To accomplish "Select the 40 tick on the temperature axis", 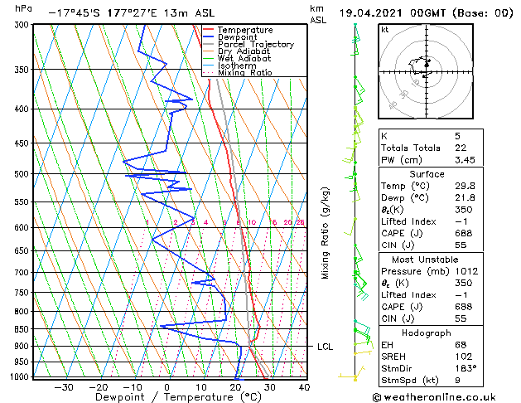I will (x=304, y=387).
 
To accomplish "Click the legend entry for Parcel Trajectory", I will (x=256, y=45).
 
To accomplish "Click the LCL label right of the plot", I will (x=325, y=347).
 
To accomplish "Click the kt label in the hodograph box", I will (x=384, y=29).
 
